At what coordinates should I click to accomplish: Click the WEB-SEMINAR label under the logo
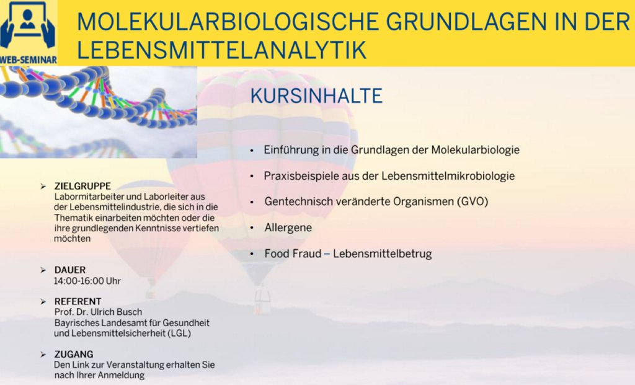(x=29, y=60)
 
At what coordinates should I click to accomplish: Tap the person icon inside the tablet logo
(x=27, y=19)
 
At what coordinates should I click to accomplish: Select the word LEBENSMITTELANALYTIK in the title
(x=221, y=50)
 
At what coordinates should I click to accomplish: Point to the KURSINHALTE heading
(x=316, y=96)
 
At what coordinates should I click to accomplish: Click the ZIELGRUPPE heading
(x=82, y=186)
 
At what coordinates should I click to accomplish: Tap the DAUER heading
(x=70, y=270)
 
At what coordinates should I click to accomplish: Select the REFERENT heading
(x=78, y=301)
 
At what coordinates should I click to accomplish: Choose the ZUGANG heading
(x=74, y=354)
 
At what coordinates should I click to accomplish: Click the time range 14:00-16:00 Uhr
(x=87, y=281)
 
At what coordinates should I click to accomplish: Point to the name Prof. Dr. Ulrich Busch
(x=99, y=312)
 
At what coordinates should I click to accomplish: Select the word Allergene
(x=288, y=228)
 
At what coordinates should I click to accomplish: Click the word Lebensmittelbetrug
(x=382, y=254)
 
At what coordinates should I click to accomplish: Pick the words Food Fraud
(x=293, y=254)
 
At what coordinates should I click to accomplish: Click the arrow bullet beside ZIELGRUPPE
(x=43, y=186)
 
